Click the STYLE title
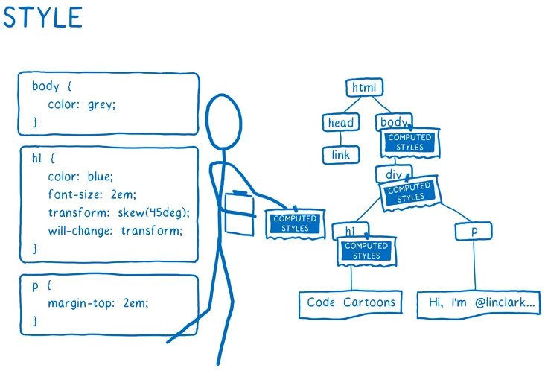[42, 17]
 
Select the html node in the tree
[364, 87]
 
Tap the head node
[341, 122]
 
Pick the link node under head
[341, 155]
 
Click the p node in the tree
[474, 231]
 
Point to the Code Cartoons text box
[351, 304]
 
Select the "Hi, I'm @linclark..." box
[479, 304]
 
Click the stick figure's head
[223, 121]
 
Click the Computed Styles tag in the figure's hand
[295, 223]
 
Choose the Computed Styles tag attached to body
[410, 142]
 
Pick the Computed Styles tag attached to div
[410, 192]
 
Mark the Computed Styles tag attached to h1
[367, 251]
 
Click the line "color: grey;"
[82, 104]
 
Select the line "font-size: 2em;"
[92, 194]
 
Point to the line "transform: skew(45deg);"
[119, 212]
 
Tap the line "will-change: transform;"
[115, 230]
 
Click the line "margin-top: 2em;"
[98, 303]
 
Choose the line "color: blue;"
[80, 177]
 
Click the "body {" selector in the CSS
[52, 86]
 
